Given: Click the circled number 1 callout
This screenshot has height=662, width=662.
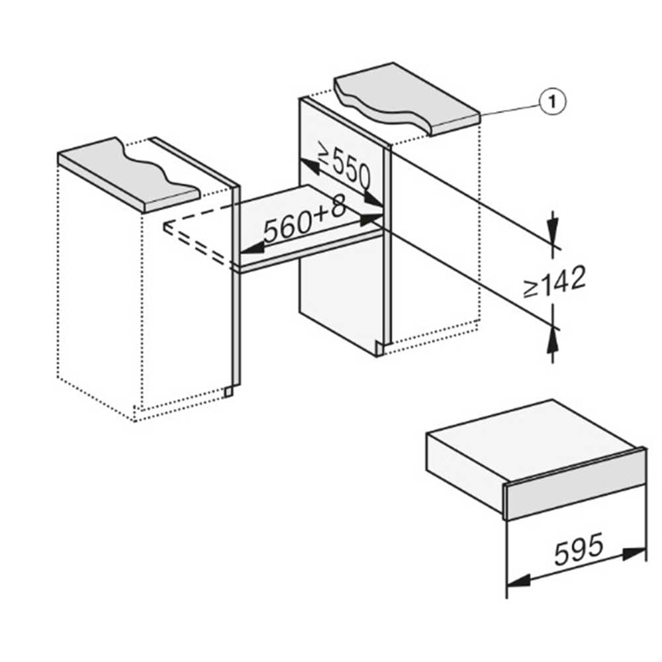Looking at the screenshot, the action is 553,102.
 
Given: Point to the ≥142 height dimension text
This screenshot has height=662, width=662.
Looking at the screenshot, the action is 554,281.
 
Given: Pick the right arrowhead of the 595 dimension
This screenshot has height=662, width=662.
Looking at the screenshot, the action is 634,553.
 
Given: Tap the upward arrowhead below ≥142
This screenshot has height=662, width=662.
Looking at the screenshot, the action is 553,340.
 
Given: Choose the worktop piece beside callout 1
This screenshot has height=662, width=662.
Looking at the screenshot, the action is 407,99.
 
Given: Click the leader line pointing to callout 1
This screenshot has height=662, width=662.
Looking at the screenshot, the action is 510,109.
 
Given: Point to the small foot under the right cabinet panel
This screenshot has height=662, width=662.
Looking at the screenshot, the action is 381,350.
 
